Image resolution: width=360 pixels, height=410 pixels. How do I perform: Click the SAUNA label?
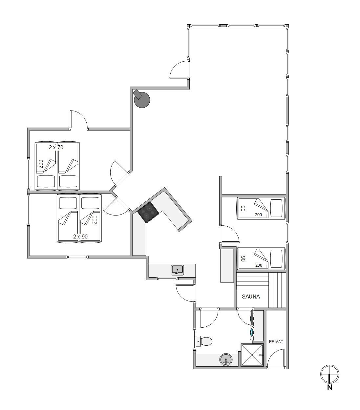(x=251, y=297)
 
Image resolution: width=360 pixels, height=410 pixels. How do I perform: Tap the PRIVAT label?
(x=276, y=341)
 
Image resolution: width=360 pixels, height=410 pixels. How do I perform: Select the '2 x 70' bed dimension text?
(x=56, y=147)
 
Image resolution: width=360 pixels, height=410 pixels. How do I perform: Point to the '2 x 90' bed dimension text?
(x=80, y=236)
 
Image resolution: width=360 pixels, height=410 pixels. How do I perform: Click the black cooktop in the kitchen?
(x=148, y=212)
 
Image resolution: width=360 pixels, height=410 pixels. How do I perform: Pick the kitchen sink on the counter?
(x=177, y=270)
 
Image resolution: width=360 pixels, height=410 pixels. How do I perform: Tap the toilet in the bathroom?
(x=204, y=341)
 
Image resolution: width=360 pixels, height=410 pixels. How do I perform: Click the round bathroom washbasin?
(x=226, y=359)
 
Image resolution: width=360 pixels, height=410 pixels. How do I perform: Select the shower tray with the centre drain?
(x=252, y=355)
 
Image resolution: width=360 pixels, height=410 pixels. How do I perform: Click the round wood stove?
(x=142, y=100)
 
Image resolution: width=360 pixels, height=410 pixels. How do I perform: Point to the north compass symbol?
(x=329, y=374)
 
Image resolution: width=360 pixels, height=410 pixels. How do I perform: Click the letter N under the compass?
(x=330, y=387)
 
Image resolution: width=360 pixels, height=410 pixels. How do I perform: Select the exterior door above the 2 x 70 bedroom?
(x=79, y=120)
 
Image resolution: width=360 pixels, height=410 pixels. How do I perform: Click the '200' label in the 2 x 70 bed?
(x=41, y=164)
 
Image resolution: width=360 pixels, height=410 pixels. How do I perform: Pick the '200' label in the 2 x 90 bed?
(x=95, y=220)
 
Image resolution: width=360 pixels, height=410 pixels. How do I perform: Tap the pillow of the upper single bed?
(x=276, y=208)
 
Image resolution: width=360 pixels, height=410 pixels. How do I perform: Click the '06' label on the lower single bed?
(x=244, y=258)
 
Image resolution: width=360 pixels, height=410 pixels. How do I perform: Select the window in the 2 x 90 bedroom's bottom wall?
(x=77, y=257)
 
